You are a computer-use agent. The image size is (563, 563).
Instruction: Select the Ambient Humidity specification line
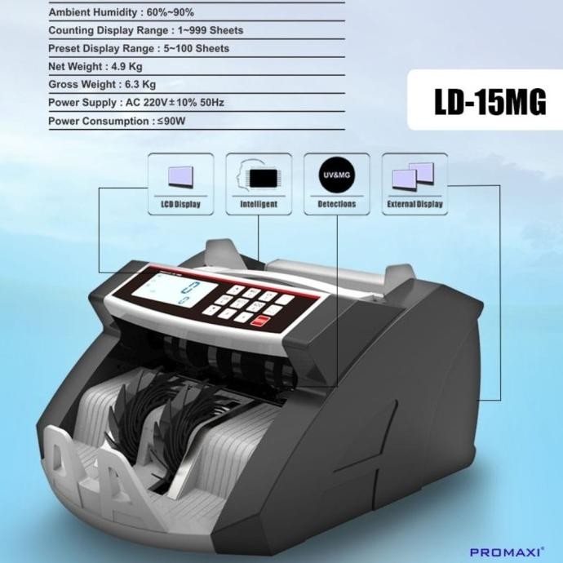121,12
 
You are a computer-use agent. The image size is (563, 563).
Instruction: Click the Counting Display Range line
145,30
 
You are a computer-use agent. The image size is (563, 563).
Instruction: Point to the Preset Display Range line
139,48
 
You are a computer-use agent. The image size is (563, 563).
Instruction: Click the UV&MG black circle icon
336,173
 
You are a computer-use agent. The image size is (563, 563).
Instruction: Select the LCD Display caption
180,204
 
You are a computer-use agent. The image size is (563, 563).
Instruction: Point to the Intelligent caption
259,204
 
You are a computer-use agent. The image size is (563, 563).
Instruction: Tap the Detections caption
336,204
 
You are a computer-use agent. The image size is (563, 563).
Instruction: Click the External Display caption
414,204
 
